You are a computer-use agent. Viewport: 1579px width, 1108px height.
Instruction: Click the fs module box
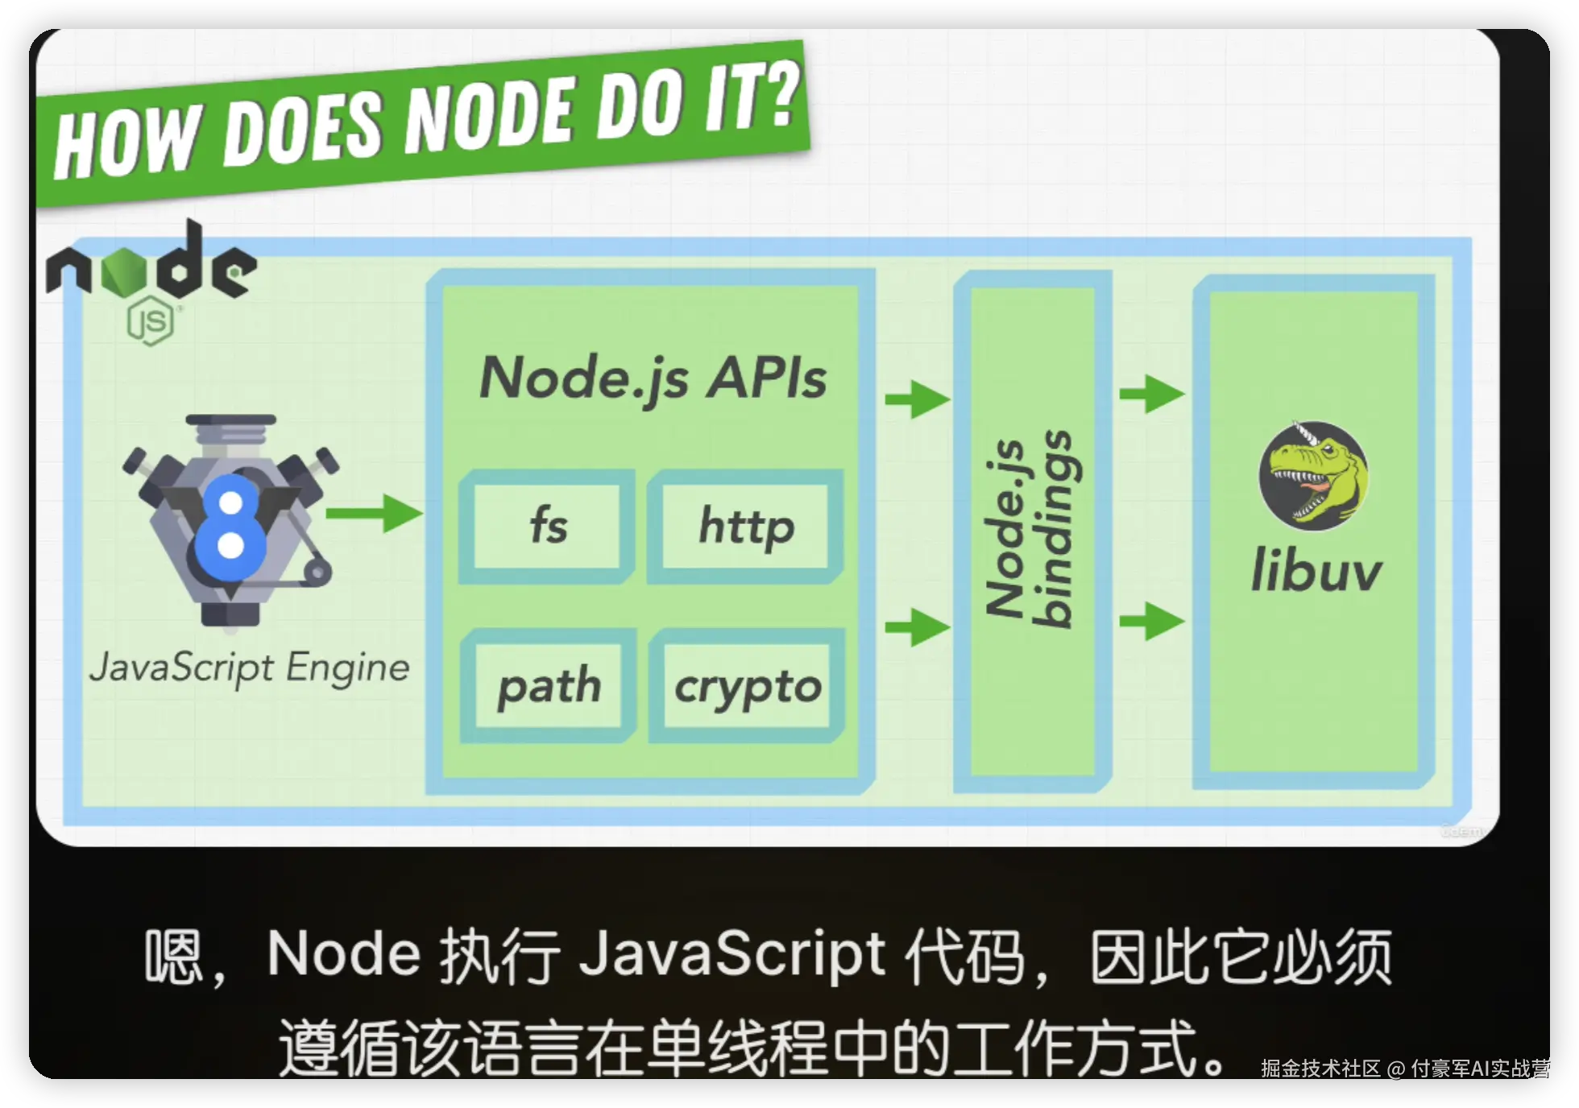coord(547,526)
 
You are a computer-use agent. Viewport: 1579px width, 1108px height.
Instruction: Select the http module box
coord(746,526)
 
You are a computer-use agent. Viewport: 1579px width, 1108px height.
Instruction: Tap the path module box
coord(549,686)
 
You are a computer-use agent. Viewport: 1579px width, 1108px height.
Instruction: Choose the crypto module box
coord(748,686)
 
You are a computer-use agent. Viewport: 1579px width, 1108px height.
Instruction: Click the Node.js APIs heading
coord(653,378)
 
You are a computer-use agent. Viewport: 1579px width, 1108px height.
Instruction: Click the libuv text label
coord(1316,570)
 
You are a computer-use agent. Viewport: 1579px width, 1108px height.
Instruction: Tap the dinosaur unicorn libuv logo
coord(1314,474)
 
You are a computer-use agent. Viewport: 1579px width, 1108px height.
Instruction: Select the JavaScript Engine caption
coord(250,668)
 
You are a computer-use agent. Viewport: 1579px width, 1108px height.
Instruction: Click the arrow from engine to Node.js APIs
coord(374,513)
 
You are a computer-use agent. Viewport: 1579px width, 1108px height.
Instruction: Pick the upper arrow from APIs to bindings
coord(918,399)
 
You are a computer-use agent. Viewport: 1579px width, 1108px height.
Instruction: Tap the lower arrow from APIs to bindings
coord(918,626)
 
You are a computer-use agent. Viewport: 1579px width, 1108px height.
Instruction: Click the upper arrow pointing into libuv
coord(1152,394)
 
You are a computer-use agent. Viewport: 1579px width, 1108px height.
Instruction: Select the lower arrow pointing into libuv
coord(1152,621)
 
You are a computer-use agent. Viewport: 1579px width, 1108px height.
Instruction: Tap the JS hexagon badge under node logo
coord(151,321)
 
